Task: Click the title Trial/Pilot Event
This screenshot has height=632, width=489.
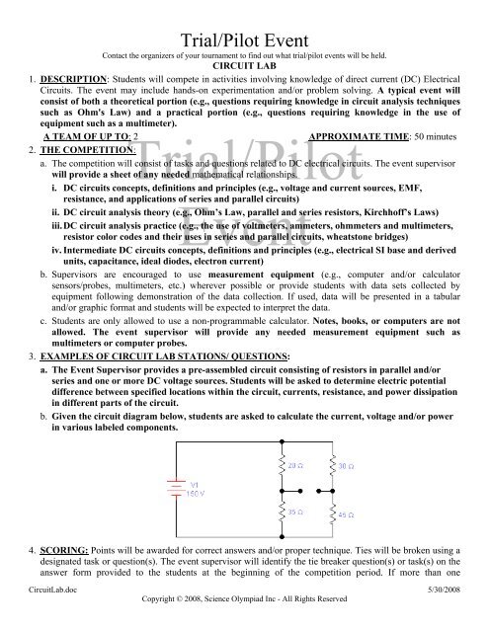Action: pyautogui.click(x=244, y=14)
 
